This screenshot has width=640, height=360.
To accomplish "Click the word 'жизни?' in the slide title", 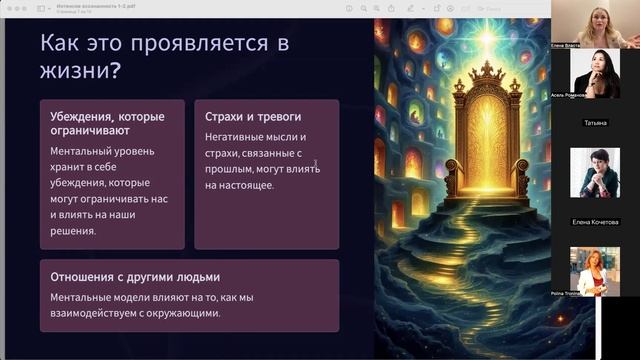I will (75, 72).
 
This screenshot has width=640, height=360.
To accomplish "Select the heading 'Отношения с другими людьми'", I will (135, 277).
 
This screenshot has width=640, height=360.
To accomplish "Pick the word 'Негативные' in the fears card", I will (235, 137).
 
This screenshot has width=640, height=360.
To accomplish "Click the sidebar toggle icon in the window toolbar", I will (43, 8).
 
